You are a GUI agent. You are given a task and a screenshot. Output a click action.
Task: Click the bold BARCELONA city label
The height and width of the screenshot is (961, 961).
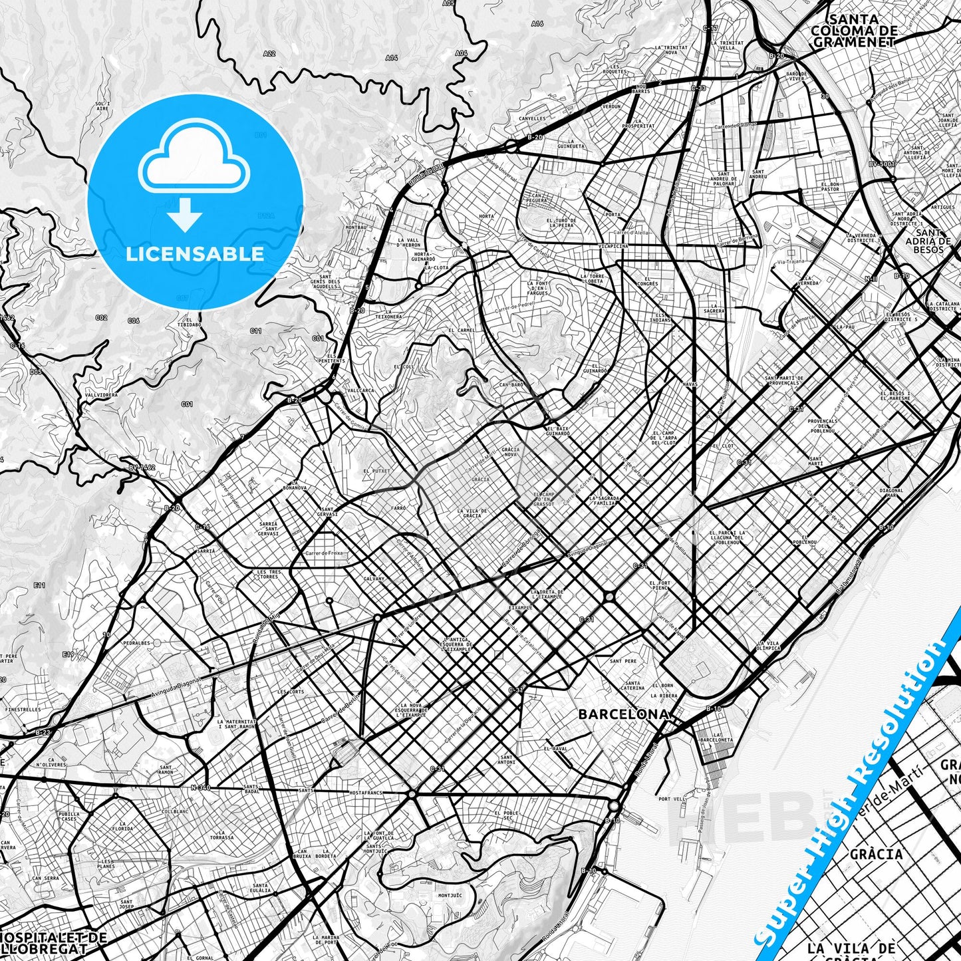(x=623, y=714)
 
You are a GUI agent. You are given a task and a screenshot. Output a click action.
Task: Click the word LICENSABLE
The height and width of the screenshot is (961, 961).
(x=195, y=253)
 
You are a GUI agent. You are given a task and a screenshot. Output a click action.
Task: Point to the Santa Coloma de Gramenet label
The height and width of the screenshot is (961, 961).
(x=854, y=31)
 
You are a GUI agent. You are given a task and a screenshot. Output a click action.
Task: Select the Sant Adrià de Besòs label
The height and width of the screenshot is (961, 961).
(x=928, y=241)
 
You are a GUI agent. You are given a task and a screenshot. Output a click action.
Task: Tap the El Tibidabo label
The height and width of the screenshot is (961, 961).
(x=190, y=322)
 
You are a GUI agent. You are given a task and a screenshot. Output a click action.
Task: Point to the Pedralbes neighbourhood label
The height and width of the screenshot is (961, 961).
(x=136, y=643)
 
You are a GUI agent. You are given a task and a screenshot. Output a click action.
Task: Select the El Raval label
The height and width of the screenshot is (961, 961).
(x=556, y=749)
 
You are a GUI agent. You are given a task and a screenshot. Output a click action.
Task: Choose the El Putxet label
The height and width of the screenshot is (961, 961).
(x=376, y=471)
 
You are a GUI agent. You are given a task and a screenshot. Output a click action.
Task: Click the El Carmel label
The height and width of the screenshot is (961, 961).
(x=462, y=331)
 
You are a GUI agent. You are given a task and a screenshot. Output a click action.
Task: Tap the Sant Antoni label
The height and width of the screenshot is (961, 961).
(x=507, y=759)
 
